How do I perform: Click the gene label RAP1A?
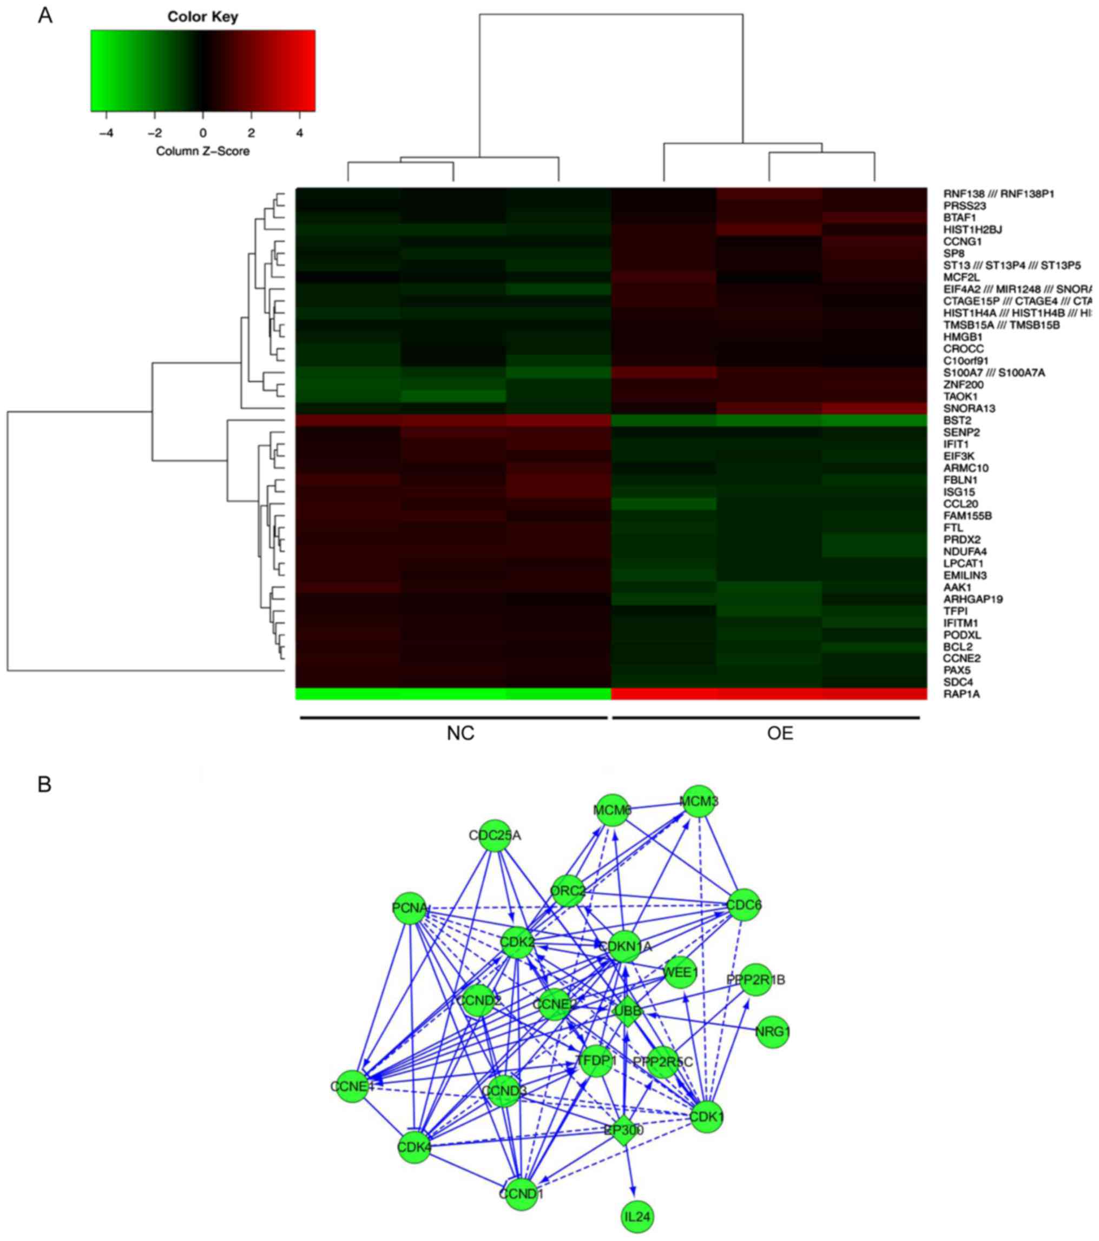tap(961, 694)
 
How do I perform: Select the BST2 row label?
tap(957, 420)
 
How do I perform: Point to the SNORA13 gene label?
tap(970, 409)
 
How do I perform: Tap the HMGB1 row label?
tap(963, 337)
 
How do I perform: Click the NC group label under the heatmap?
tap(460, 733)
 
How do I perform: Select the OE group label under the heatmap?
tap(780, 733)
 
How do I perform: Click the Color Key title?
tap(202, 16)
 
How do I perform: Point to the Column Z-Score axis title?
tap(202, 151)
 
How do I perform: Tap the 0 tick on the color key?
tap(203, 133)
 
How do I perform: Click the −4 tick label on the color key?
tap(106, 133)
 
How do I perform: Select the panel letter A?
tap(45, 16)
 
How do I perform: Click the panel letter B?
tap(44, 785)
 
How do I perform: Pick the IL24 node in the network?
tap(637, 1217)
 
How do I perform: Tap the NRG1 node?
tap(773, 1032)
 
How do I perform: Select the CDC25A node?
tap(496, 835)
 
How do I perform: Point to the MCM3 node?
tap(699, 801)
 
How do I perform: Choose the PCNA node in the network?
tap(410, 908)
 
